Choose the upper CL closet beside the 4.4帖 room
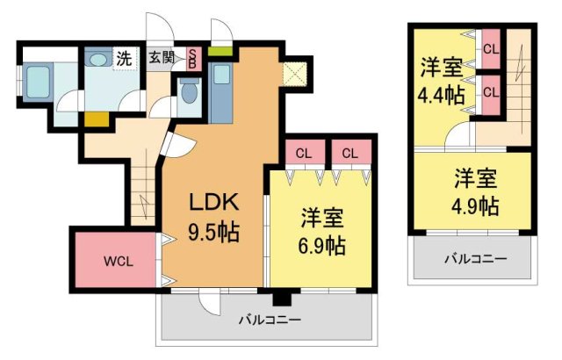(x=490, y=49)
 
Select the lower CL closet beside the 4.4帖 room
(x=490, y=91)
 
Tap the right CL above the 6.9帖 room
(x=349, y=153)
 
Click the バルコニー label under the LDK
(x=270, y=320)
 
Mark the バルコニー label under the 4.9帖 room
(x=474, y=259)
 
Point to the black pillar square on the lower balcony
(x=280, y=298)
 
